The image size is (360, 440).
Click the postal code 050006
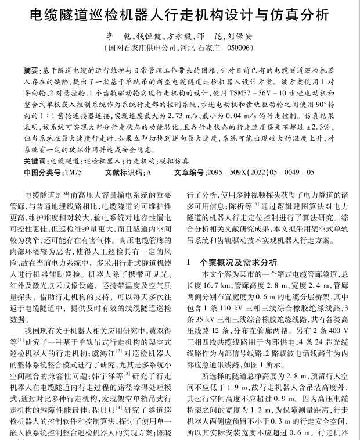click(240, 48)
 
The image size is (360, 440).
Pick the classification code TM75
click(73, 173)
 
